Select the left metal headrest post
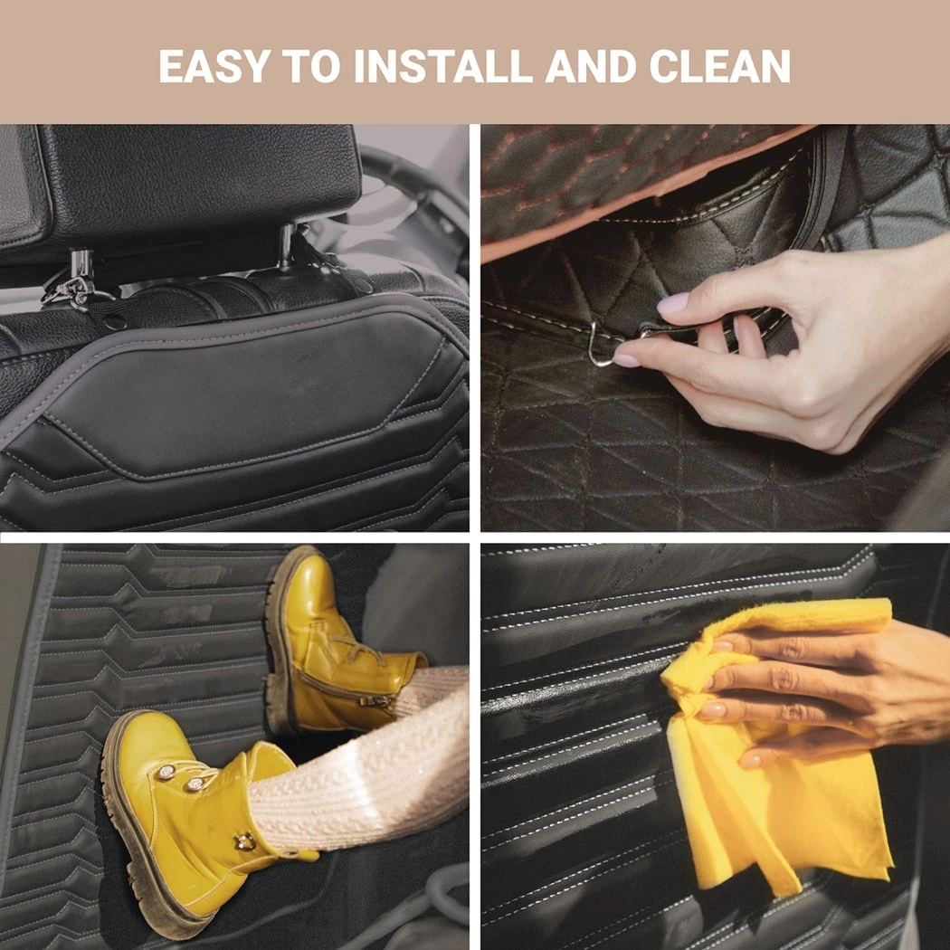(81, 267)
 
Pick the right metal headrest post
(286, 245)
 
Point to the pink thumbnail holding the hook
(626, 360)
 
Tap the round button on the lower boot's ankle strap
(245, 841)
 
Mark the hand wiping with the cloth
(824, 690)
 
